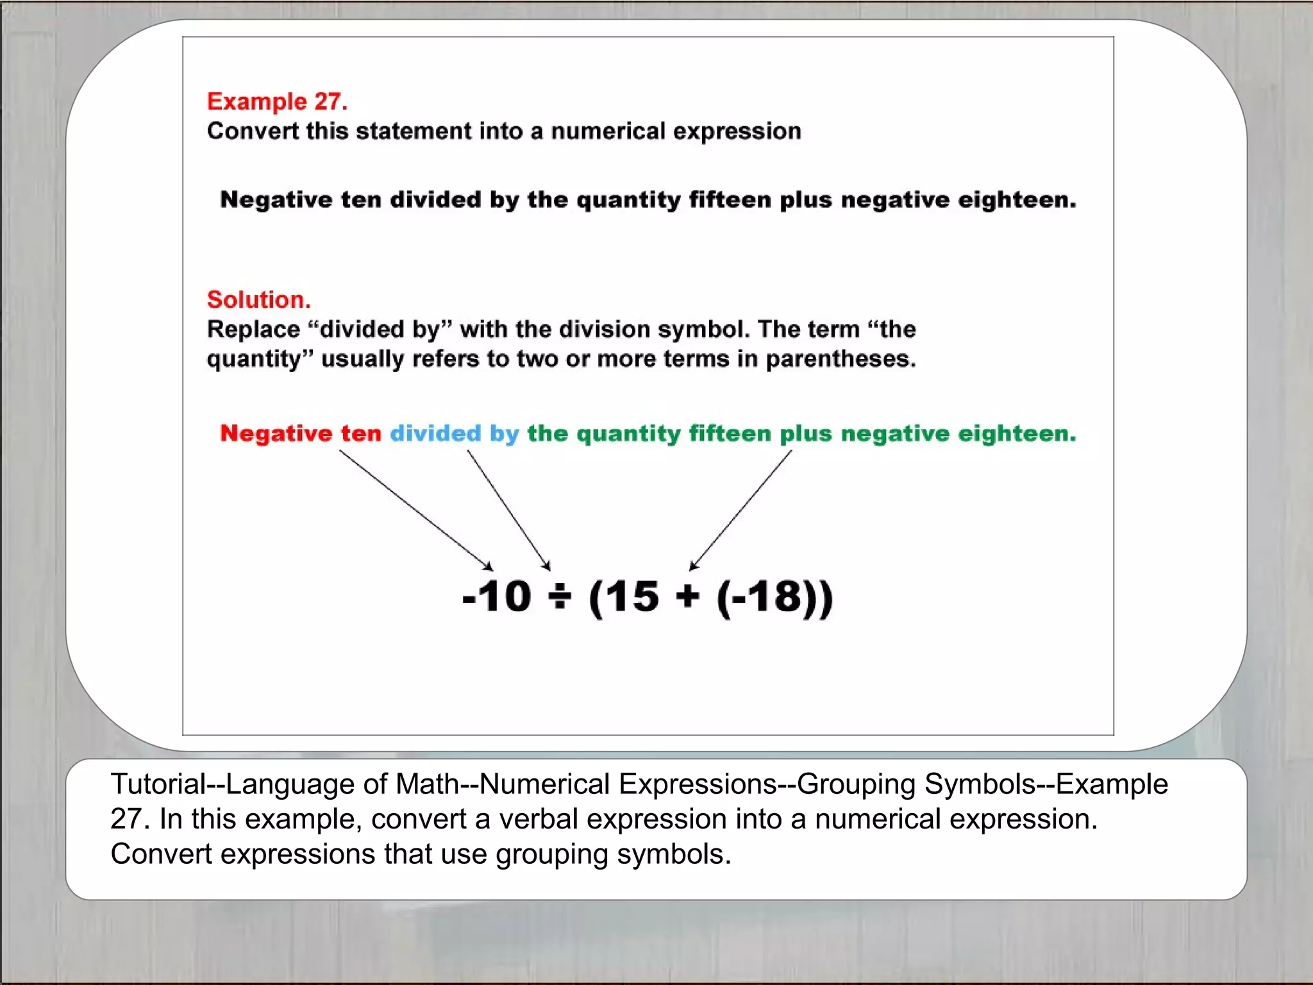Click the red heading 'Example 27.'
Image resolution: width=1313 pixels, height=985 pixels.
pos(277,101)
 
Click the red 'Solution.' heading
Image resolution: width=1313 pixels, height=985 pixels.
pos(258,299)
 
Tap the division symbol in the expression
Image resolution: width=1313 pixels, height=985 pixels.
pos(560,597)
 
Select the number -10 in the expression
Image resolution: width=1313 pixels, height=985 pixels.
pos(497,597)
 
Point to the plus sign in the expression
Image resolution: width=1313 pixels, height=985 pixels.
pos(687,597)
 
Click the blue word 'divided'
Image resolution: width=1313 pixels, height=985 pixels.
pos(435,434)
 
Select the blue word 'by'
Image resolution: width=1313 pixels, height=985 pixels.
pos(504,434)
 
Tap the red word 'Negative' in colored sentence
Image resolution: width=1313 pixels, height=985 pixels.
pos(276,434)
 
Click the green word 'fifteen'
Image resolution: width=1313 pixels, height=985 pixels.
pos(730,434)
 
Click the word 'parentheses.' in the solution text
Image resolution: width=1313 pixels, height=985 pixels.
pos(840,359)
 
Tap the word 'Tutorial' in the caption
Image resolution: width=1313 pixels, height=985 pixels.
pos(158,784)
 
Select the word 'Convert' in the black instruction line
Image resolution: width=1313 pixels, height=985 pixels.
pos(253,131)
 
